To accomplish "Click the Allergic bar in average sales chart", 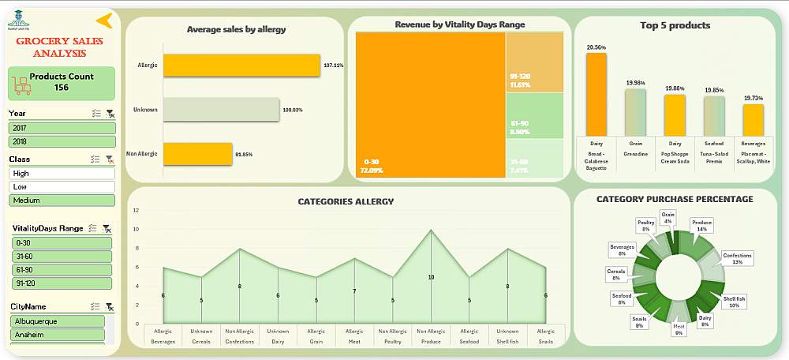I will pos(241,66).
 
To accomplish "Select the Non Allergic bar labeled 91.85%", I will pos(197,153).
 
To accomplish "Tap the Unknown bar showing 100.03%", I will pos(221,110).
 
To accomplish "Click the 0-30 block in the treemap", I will pos(430,103).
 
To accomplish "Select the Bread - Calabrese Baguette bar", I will pos(596,95).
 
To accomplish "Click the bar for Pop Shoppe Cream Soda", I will pos(675,114).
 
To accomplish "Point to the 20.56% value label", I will pos(596,47).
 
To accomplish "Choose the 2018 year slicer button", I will pos(62,141).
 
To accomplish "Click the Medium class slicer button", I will pos(62,201).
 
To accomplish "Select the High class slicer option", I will pos(62,174).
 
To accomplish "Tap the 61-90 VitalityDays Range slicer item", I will pos(62,270).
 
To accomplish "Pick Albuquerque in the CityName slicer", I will pos(57,321).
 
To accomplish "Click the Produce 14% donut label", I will pos(701,226).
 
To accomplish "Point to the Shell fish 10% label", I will pos(733,302).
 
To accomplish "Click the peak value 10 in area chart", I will pos(431,277).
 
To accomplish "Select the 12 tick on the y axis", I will pos(136,211).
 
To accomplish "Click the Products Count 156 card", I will pos(62,82).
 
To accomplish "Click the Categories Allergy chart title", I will pos(346,201).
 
